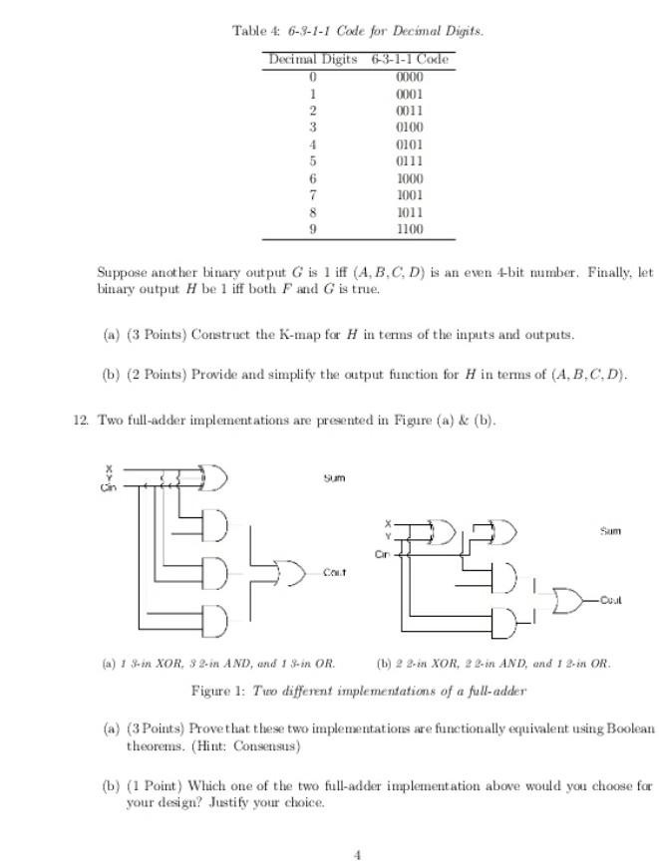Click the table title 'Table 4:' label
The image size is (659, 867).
pos(249,31)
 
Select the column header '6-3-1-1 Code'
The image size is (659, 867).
pos(409,59)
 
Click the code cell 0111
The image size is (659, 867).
pos(409,160)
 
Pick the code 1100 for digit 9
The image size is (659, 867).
pos(409,228)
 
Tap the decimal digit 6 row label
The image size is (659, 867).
pos(313,177)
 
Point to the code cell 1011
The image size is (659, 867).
pos(409,211)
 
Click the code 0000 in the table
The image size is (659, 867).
pos(409,76)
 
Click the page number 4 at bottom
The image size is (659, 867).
pos(356,853)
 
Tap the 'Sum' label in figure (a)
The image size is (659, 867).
pos(334,478)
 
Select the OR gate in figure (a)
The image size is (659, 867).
pos(290,572)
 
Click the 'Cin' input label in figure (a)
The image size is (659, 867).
pos(107,488)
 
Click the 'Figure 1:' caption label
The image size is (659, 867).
pos(218,691)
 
